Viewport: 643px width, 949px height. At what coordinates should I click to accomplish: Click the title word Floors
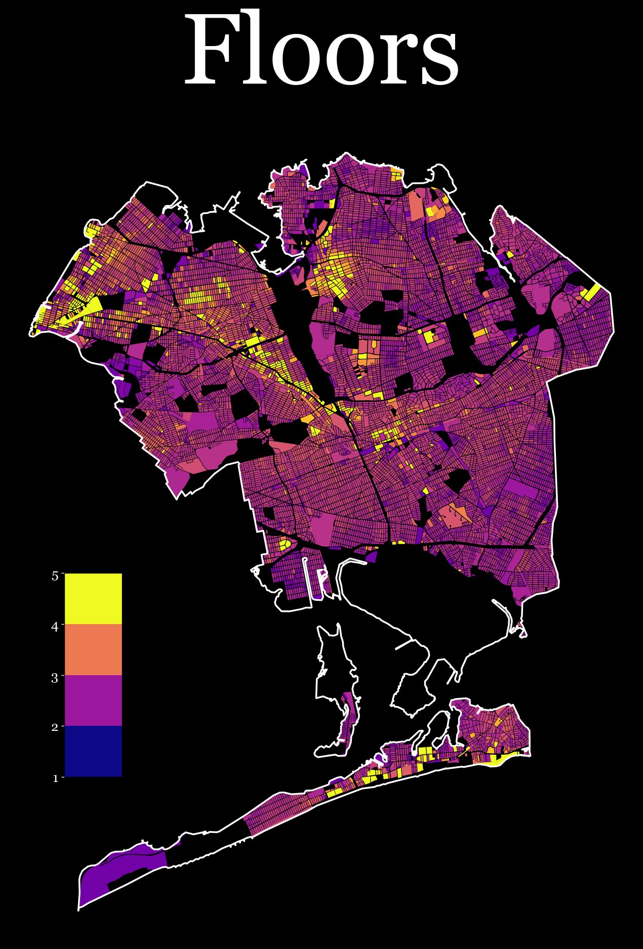321,51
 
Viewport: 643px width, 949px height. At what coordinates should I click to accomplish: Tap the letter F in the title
210,51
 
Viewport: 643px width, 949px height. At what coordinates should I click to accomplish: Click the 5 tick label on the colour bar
55,575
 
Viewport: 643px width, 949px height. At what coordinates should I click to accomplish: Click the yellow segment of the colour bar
93,599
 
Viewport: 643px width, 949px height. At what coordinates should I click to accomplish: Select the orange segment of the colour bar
93,650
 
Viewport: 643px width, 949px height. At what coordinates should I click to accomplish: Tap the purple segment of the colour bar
93,700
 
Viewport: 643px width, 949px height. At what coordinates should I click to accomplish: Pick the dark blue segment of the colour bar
93,751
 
